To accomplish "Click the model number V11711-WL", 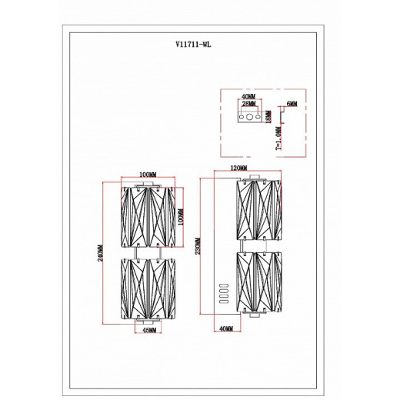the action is point(193,45).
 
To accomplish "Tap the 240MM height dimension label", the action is point(100,253).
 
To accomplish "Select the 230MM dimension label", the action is point(198,246).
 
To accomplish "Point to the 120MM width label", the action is point(239,168).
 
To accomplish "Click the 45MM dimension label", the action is point(149,330).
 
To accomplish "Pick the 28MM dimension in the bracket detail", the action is point(248,103).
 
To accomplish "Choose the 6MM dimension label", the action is point(292,104).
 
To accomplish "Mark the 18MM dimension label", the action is point(268,117).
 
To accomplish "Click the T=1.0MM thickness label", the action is point(278,138).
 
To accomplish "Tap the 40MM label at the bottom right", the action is point(226,328).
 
